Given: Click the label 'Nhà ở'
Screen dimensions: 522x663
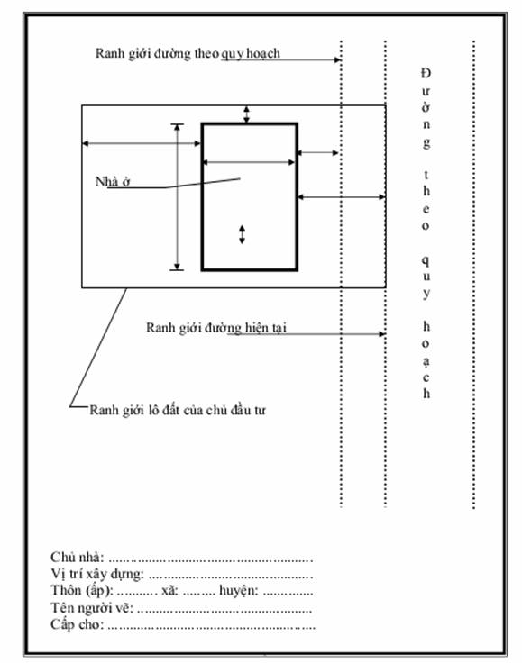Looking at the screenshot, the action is click(x=113, y=182).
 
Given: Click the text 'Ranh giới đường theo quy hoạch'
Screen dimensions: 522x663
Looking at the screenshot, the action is click(x=188, y=54).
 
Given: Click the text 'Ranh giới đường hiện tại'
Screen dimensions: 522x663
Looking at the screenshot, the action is click(x=216, y=328).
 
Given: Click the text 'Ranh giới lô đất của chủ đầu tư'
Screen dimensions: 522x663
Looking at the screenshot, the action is click(x=178, y=410).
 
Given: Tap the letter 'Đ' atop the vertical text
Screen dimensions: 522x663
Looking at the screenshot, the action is click(x=426, y=73).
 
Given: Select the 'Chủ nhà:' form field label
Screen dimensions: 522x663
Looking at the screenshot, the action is click(x=77, y=557).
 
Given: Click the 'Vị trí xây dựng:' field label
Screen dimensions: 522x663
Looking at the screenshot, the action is click(x=97, y=574).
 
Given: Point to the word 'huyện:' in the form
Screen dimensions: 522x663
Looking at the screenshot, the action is click(x=239, y=590).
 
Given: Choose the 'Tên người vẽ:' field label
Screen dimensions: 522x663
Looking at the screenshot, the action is click(x=92, y=608).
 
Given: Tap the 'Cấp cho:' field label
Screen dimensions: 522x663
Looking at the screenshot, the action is click(x=77, y=624).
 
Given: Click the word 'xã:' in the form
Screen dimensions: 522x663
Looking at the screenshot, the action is click(x=169, y=591).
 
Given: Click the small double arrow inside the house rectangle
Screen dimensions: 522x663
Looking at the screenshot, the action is click(x=242, y=235).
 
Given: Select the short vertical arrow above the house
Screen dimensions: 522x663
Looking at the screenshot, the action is click(x=247, y=114).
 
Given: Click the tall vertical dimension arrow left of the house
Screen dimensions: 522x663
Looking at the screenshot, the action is click(x=178, y=197).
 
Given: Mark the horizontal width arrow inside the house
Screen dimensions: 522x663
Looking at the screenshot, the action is click(x=249, y=162).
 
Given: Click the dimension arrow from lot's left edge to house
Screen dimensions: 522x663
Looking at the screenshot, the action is click(x=142, y=143).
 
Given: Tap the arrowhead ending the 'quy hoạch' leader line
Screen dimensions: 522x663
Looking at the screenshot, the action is click(x=338, y=59).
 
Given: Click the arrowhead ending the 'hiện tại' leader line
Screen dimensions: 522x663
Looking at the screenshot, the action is click(x=382, y=334).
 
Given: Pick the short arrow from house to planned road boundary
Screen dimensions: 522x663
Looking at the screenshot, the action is click(x=318, y=152).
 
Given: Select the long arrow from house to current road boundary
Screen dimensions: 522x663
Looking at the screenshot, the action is click(x=342, y=197).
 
